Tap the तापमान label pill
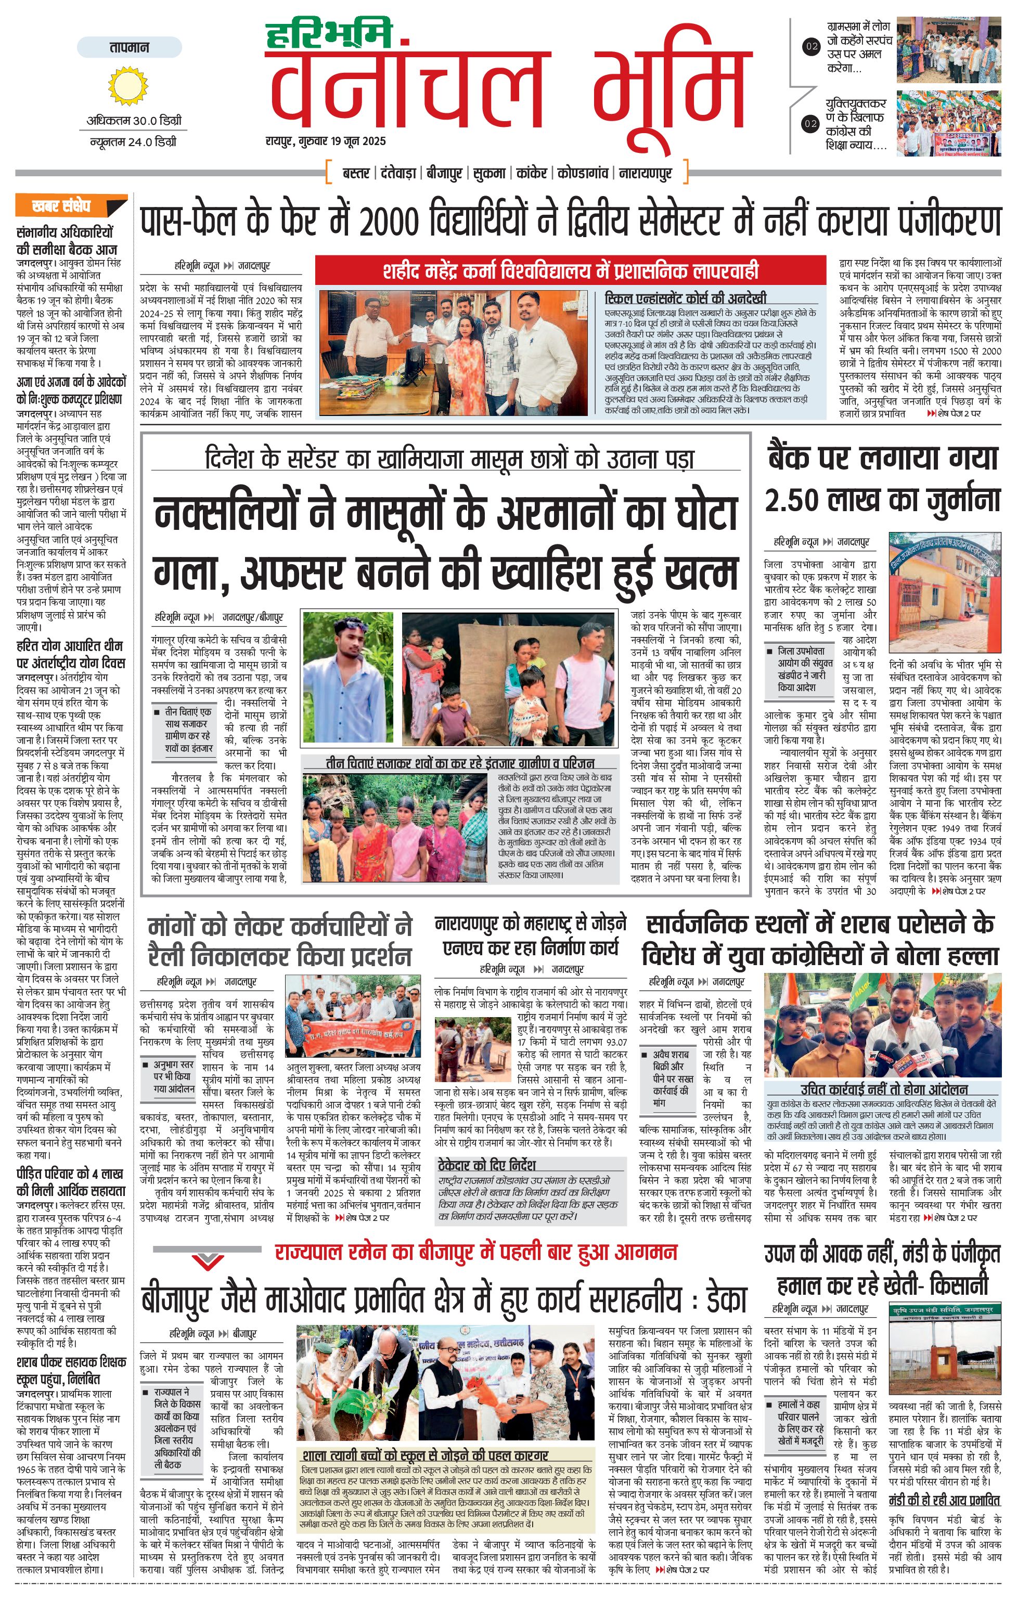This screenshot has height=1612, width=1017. point(129,47)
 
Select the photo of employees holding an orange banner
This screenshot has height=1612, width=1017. point(353,1018)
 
